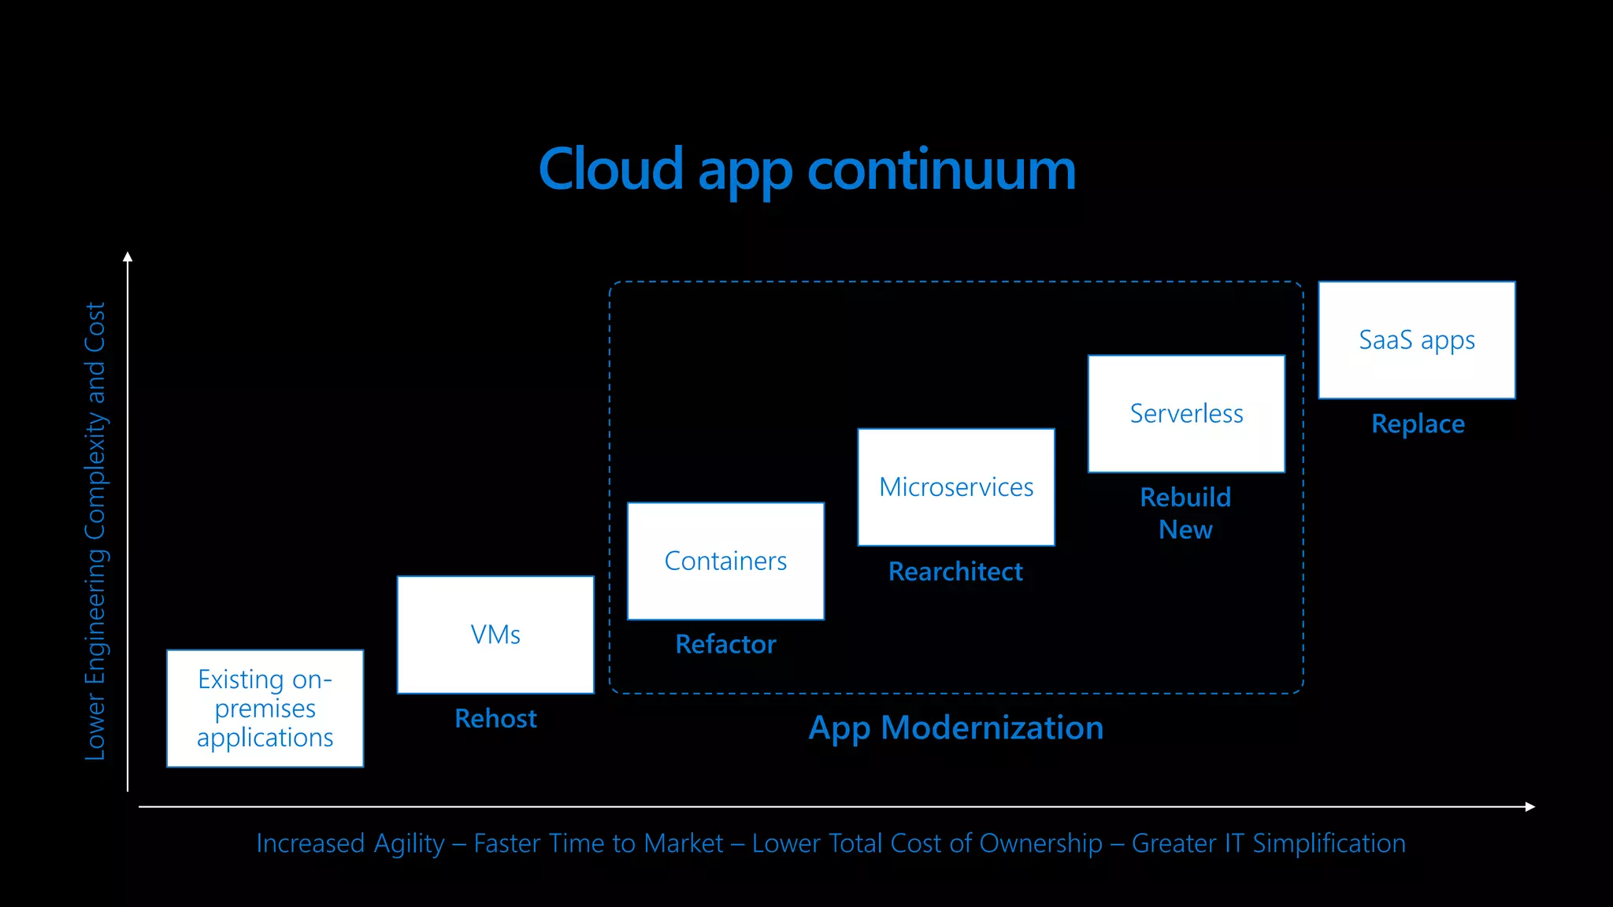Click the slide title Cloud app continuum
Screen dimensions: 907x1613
point(806,169)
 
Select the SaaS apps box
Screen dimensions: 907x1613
point(1416,340)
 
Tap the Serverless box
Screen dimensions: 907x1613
point(1186,413)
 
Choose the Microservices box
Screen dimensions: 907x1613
point(955,487)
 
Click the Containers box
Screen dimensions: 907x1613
point(725,561)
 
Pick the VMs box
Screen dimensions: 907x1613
point(495,635)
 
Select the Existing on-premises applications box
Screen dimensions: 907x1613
point(265,708)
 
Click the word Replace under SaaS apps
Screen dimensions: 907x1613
point(1418,424)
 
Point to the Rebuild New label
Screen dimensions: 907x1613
point(1185,513)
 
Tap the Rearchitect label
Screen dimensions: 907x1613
point(955,572)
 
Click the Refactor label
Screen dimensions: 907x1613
point(725,645)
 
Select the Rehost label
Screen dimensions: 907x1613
point(495,719)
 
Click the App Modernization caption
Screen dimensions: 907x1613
point(955,728)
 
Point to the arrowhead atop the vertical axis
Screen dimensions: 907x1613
point(128,257)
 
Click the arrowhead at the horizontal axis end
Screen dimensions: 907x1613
point(1530,806)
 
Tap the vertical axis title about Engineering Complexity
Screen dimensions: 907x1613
point(95,531)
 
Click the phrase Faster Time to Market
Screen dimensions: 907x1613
point(598,843)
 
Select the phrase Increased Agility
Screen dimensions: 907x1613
point(350,843)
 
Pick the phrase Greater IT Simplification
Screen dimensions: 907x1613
point(1268,843)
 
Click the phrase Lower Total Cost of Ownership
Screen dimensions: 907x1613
point(926,843)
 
